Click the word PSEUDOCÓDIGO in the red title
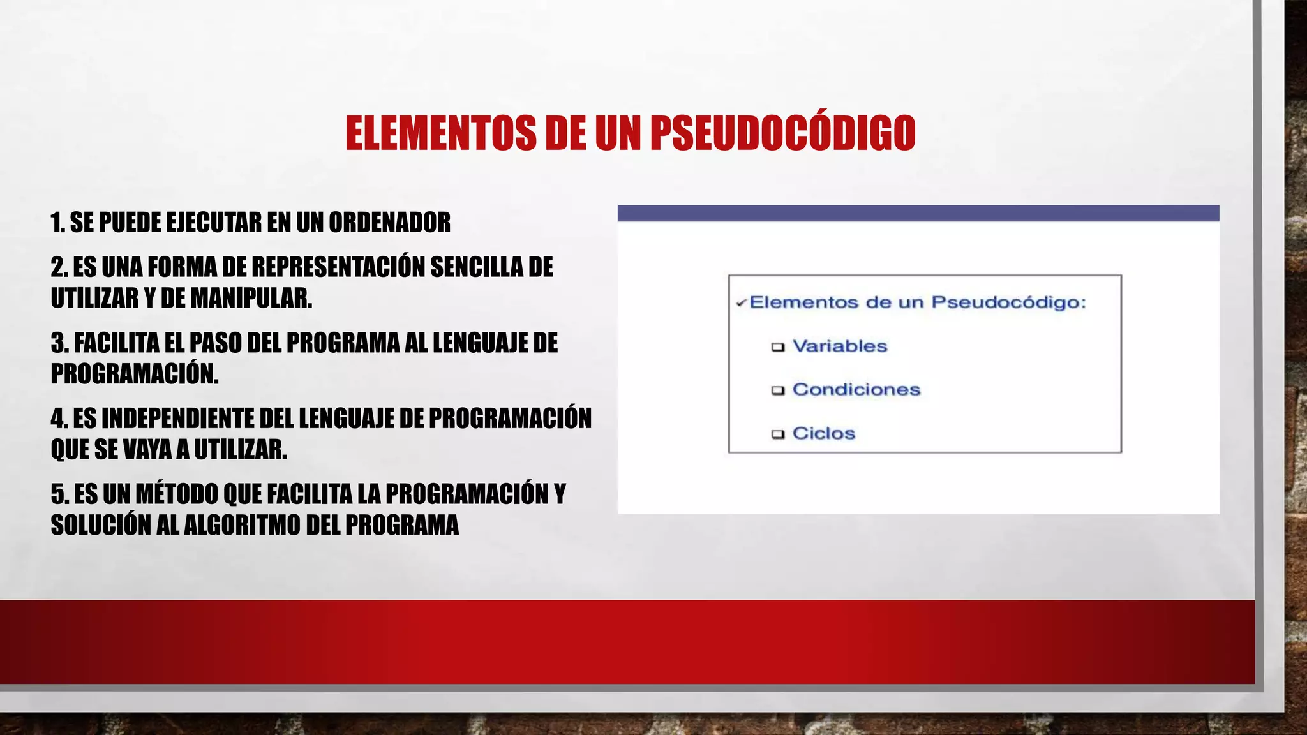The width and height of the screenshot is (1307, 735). click(782, 133)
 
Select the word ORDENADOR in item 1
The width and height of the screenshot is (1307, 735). click(389, 223)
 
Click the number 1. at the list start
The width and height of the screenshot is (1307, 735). click(58, 223)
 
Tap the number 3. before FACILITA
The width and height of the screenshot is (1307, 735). click(60, 343)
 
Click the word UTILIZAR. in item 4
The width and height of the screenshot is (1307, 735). click(240, 450)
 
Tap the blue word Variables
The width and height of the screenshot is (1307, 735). click(840, 346)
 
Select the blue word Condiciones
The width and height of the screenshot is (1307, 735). click(856, 390)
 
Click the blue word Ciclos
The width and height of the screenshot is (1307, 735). click(823, 433)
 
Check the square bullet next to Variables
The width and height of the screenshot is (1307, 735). click(777, 347)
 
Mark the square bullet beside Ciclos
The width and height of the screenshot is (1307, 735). click(777, 434)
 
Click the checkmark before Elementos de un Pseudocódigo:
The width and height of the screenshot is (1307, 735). click(740, 303)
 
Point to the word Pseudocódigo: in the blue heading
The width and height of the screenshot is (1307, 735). click(1008, 302)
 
